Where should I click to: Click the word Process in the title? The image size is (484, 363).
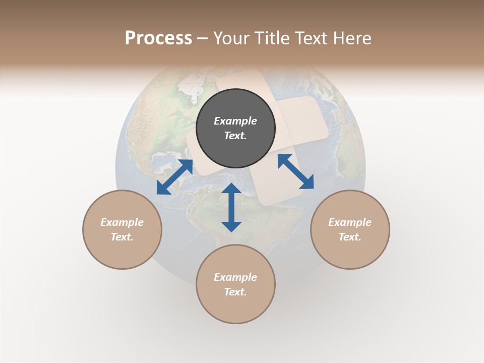click(158, 38)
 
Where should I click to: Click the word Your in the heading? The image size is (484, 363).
click(232, 38)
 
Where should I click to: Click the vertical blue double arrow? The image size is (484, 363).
click(231, 207)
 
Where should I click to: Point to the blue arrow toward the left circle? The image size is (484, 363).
click(174, 177)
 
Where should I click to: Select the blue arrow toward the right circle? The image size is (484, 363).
click(295, 171)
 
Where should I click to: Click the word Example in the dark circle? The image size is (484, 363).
click(235, 121)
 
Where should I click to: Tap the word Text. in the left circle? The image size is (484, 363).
click(122, 237)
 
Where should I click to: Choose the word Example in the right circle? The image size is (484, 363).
click(350, 222)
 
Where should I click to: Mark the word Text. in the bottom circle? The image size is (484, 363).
click(235, 292)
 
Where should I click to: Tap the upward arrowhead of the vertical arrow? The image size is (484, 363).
click(231, 188)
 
